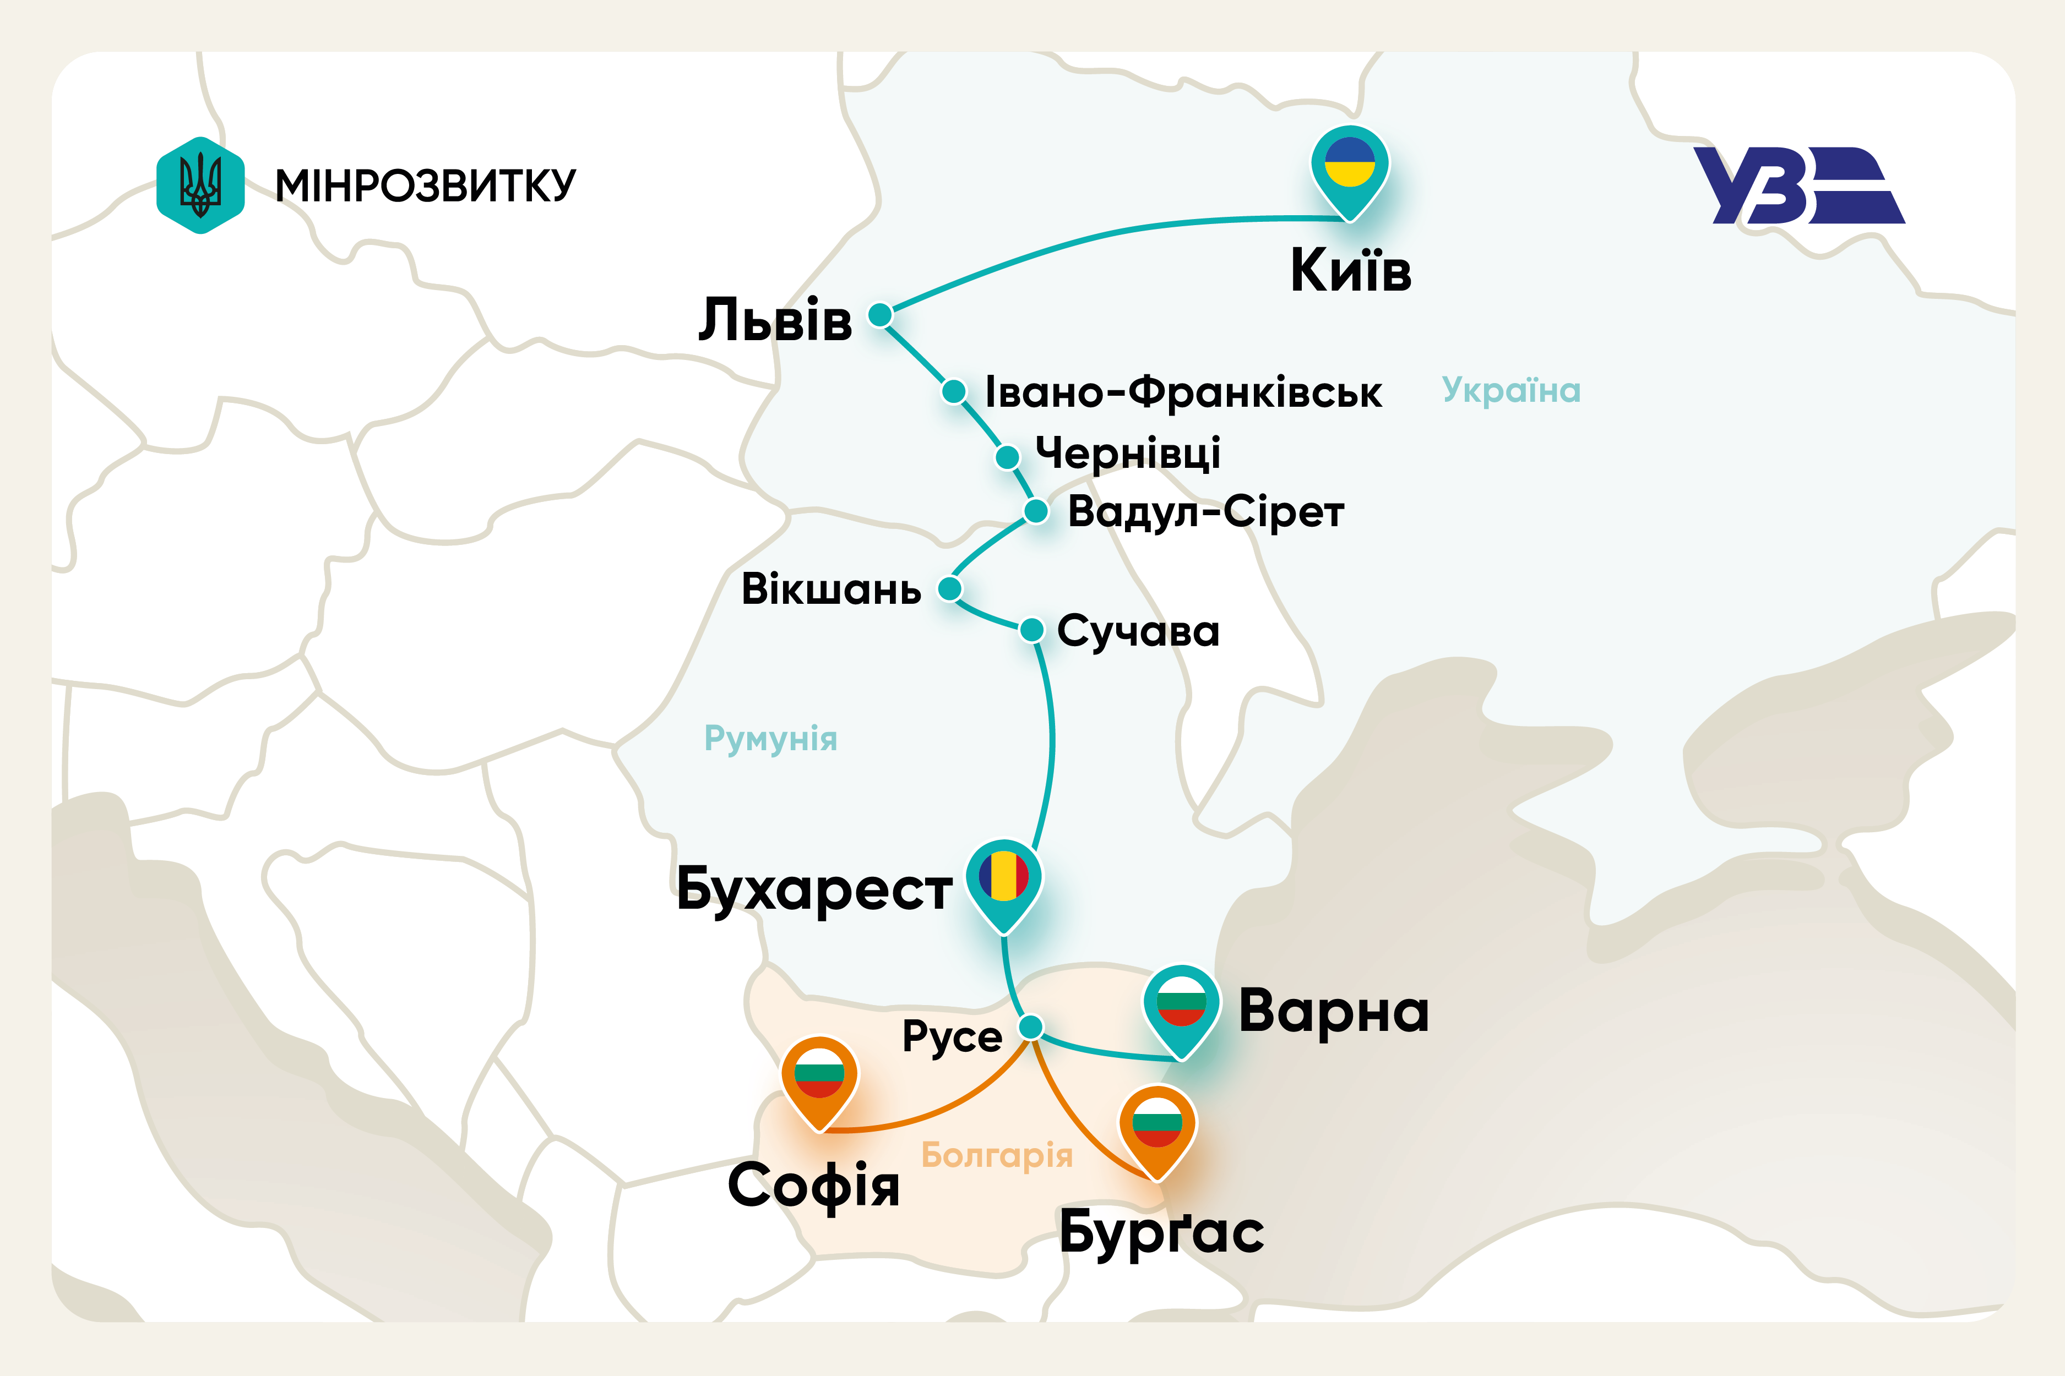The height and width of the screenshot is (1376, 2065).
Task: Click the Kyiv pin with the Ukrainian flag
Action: [1350, 167]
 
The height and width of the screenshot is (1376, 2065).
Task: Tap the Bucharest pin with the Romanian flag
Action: [1003, 882]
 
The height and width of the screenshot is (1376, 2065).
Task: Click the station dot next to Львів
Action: [880, 314]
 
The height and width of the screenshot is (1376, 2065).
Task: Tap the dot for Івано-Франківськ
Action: [954, 391]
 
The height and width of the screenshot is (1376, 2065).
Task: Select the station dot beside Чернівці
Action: [1007, 456]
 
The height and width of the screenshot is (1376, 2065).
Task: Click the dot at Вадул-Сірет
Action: [1036, 511]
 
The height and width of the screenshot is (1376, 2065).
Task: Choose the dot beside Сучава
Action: [1031, 629]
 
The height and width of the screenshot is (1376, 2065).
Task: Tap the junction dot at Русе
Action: [1031, 1026]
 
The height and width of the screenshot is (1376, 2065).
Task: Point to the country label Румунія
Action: [771, 739]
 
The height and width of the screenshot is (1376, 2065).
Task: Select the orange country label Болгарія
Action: [997, 1155]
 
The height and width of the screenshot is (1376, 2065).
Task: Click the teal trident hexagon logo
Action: [200, 185]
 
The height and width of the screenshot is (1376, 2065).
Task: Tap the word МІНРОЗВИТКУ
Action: [426, 186]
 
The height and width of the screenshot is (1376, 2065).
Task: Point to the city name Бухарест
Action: [814, 890]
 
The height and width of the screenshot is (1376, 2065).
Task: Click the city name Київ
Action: [1350, 270]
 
